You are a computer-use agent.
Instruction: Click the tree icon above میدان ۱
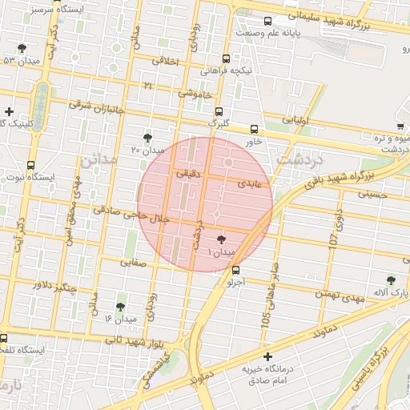point(222,239)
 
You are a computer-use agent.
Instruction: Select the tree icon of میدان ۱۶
point(120,307)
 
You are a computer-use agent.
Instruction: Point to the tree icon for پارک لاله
point(391,280)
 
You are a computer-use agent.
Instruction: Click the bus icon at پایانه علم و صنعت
point(267,22)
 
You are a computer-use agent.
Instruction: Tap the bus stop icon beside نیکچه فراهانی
point(227,58)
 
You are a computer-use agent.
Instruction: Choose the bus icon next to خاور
point(255,129)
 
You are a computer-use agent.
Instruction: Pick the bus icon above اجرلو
point(235,270)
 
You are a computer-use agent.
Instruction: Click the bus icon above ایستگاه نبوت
point(30,165)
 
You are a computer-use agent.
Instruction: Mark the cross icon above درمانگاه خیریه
point(267,356)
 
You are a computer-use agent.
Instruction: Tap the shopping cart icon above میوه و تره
point(400,127)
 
